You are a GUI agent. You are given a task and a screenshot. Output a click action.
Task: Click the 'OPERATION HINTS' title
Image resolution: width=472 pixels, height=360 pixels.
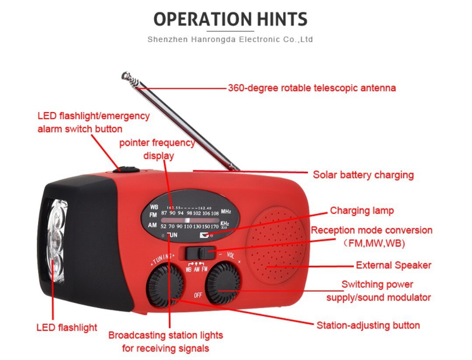coord(230,19)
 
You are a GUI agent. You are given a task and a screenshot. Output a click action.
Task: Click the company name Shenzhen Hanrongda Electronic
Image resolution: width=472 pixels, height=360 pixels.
coord(230,39)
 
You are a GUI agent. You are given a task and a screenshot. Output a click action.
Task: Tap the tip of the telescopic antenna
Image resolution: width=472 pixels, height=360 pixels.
coord(126,76)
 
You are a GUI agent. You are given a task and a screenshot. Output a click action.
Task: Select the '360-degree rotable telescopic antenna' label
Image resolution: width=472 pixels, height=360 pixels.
coord(311,88)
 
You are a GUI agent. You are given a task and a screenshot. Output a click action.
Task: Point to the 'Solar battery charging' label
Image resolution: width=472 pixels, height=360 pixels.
coord(363,175)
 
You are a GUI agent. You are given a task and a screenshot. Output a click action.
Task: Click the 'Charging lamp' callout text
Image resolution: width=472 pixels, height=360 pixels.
coord(362,211)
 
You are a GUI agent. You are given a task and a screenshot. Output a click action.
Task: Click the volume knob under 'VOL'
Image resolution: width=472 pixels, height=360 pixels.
coord(223,282)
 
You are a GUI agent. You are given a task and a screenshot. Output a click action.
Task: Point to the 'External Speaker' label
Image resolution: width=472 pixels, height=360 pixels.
coord(393,265)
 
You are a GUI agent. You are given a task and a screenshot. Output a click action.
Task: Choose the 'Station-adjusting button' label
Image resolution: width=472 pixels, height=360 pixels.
coord(368,325)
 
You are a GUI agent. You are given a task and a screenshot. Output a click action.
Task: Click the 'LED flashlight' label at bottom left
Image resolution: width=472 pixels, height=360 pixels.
coord(67,328)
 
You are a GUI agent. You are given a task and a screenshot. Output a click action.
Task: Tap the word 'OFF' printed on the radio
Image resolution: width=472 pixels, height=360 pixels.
coord(198,295)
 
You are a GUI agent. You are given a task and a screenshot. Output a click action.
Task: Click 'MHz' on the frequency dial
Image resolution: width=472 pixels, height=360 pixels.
coord(225,212)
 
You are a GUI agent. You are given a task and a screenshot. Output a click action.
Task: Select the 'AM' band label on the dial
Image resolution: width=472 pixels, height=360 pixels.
coord(152,225)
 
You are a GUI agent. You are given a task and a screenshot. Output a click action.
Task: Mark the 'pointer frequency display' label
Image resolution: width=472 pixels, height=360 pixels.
coord(158,149)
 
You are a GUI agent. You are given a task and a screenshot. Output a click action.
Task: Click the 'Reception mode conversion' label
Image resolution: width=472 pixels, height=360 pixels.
coord(371,230)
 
